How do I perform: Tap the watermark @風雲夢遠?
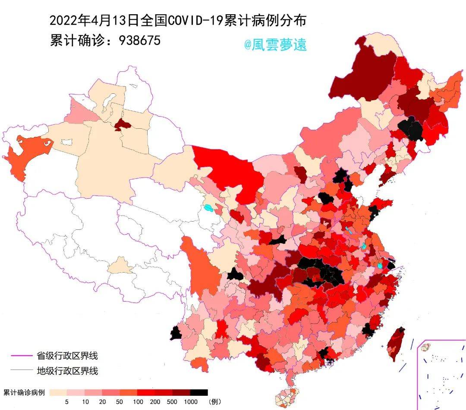coord(275,44)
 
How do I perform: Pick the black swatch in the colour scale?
coord(199,392)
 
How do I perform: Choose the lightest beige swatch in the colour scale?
coord(58,392)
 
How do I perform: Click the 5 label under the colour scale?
coord(67,402)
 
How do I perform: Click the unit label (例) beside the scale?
coord(215,402)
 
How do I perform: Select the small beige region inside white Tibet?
coord(120,266)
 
